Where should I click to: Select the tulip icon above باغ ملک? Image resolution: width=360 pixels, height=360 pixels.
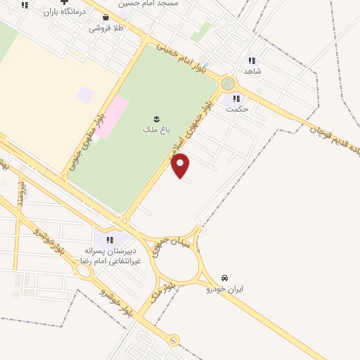(156, 117)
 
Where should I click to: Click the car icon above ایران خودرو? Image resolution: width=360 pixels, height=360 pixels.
(224, 277)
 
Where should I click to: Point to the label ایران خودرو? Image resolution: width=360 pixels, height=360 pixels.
(224, 289)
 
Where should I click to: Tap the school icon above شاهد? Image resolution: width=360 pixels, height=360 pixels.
(252, 60)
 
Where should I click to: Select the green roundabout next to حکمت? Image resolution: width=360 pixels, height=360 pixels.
(227, 83)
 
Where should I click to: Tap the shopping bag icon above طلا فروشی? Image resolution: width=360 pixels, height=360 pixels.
(105, 18)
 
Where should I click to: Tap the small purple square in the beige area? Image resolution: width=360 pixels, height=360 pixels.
(85, 94)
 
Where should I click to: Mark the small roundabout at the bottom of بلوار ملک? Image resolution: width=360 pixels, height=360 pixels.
(174, 340)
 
